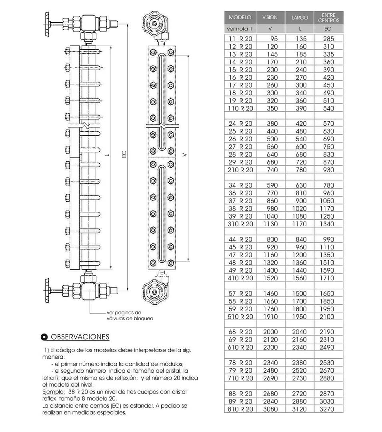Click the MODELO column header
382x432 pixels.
(240, 17)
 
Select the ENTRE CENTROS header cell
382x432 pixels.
(328, 18)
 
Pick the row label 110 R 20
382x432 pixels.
(240, 109)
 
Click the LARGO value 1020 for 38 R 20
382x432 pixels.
(300, 209)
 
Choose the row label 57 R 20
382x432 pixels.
(240, 293)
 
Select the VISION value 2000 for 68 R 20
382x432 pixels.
(270, 332)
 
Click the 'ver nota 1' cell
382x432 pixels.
(240, 29)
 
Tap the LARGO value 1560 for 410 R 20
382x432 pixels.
(300, 278)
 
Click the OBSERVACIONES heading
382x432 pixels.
(80, 337)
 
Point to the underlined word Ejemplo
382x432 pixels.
(54, 392)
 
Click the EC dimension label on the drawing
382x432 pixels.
(124, 154)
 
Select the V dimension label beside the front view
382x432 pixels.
(184, 155)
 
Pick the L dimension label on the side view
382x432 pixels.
(107, 154)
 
